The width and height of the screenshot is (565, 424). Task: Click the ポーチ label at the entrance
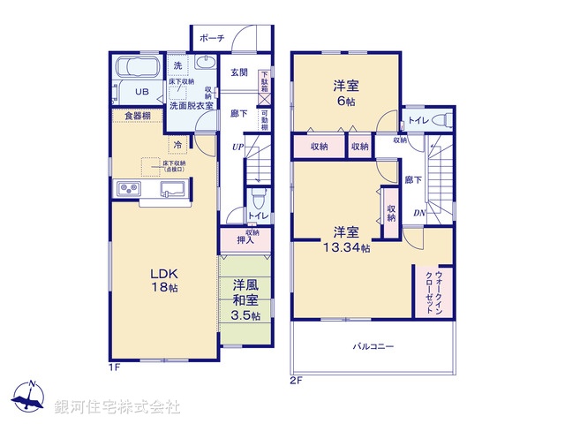(212, 38)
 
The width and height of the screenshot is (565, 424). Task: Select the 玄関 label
(239, 72)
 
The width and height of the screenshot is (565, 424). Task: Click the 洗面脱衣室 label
(186, 102)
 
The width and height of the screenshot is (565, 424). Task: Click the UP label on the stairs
(237, 146)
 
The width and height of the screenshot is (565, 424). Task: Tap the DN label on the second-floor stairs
(420, 213)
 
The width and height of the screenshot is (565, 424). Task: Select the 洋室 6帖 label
(346, 94)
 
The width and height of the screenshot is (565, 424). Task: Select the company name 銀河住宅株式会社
(117, 406)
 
